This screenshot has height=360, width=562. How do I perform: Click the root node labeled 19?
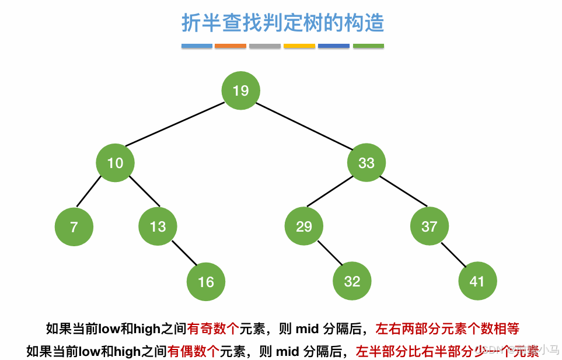[x=240, y=90]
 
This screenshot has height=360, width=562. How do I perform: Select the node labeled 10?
[x=115, y=163]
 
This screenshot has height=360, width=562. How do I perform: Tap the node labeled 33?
[x=366, y=163]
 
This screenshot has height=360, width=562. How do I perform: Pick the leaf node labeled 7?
[x=74, y=227]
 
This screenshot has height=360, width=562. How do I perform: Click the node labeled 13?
[x=158, y=226]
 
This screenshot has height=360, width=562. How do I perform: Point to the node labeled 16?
[x=205, y=282]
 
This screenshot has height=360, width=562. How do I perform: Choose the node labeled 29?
[x=304, y=226]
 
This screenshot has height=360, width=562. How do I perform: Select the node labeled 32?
[x=352, y=282]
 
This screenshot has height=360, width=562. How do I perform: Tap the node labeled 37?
[x=429, y=226]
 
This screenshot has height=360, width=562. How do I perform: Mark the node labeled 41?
[x=477, y=282]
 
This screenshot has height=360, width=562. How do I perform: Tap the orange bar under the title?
[x=230, y=46]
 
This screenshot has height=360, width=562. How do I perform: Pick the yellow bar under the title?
[x=299, y=46]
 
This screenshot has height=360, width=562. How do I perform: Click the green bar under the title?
[x=368, y=46]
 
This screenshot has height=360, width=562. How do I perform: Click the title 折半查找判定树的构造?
[x=283, y=23]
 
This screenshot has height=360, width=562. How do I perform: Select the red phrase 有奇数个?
[x=213, y=328]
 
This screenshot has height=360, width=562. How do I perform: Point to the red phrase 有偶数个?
[x=193, y=351]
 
